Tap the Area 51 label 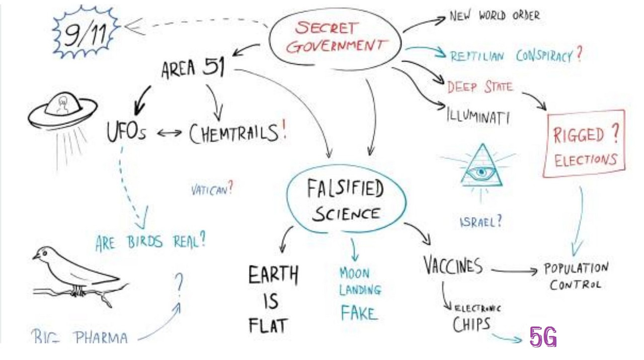click(x=192, y=69)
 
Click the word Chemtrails click(x=233, y=133)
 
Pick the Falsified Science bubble click(x=346, y=202)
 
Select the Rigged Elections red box click(x=584, y=145)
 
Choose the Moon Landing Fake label click(x=359, y=294)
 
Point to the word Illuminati click(x=478, y=117)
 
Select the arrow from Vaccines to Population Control click(x=514, y=272)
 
